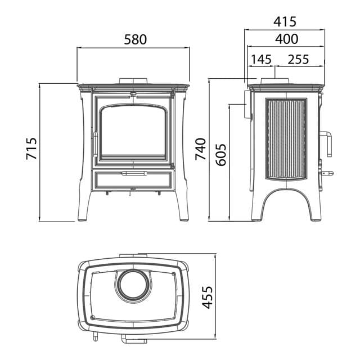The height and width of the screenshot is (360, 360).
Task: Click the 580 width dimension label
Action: (135, 39)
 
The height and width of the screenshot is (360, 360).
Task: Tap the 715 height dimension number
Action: (31, 148)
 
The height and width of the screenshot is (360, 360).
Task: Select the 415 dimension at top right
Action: (285, 22)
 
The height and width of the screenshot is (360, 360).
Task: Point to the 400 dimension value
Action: (287, 39)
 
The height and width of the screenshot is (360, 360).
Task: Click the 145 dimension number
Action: (261, 59)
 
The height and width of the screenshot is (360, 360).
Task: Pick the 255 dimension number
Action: (298, 59)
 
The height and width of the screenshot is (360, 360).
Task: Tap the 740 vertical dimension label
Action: (200, 149)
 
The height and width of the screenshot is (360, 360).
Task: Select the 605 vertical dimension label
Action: (221, 155)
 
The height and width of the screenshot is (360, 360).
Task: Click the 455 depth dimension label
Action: (208, 298)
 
